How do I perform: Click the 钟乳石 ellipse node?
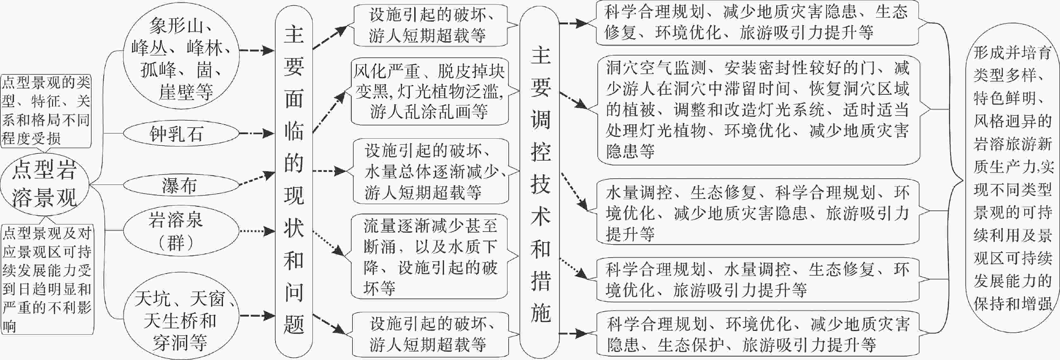181,134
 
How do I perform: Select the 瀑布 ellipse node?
181,186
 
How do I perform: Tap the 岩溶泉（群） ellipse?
181,231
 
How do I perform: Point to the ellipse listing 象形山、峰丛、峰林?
181,58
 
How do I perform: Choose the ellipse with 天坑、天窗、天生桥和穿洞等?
181,320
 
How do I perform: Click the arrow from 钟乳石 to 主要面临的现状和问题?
257,133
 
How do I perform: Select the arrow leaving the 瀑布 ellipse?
257,180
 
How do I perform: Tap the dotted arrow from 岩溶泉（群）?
257,231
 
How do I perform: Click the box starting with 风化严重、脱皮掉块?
429,91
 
